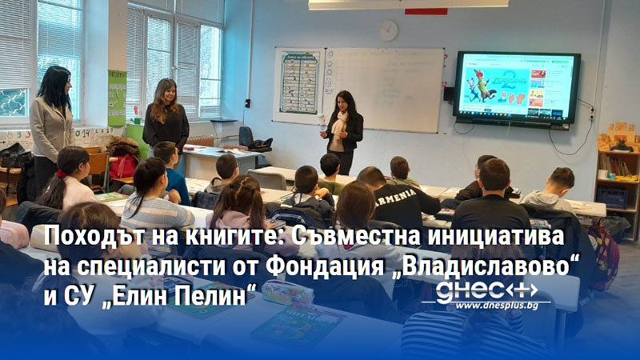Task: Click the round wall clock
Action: click(388, 30)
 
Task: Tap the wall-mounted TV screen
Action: click(516, 87)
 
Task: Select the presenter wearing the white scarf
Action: click(342, 128)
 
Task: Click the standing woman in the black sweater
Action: click(166, 116)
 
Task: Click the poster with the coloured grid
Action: click(298, 84)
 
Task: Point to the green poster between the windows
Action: click(117, 97)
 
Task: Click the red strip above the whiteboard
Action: click(426, 11)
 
